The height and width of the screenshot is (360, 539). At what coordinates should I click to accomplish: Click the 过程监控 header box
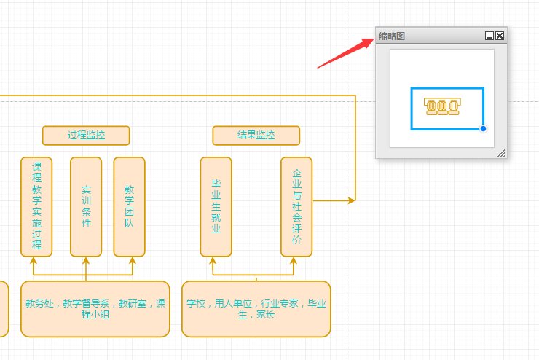86,136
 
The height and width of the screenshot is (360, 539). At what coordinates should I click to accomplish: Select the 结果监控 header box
256,136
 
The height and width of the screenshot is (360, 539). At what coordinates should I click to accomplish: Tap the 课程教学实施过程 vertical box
36,207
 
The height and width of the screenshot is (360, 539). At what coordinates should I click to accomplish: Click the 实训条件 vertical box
86,207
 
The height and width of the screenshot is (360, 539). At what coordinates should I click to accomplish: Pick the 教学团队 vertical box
129,207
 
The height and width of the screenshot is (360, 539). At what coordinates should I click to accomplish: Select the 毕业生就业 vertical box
216,207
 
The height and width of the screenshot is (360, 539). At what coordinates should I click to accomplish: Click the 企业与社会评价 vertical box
296,207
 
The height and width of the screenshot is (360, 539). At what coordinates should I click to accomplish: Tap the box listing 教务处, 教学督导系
95,309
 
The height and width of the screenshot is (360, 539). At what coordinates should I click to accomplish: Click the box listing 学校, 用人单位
256,309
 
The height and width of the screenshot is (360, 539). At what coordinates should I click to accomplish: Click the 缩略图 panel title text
392,36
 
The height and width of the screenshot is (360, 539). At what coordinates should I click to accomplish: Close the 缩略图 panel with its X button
500,35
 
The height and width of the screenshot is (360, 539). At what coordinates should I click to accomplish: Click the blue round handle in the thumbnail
483,129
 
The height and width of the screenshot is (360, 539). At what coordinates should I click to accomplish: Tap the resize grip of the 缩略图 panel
501,153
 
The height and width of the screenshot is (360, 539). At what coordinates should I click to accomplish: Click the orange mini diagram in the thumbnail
443,107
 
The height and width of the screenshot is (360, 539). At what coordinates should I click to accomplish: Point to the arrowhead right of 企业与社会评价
352,200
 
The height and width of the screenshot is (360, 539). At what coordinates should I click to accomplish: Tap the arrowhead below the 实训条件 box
86,260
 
